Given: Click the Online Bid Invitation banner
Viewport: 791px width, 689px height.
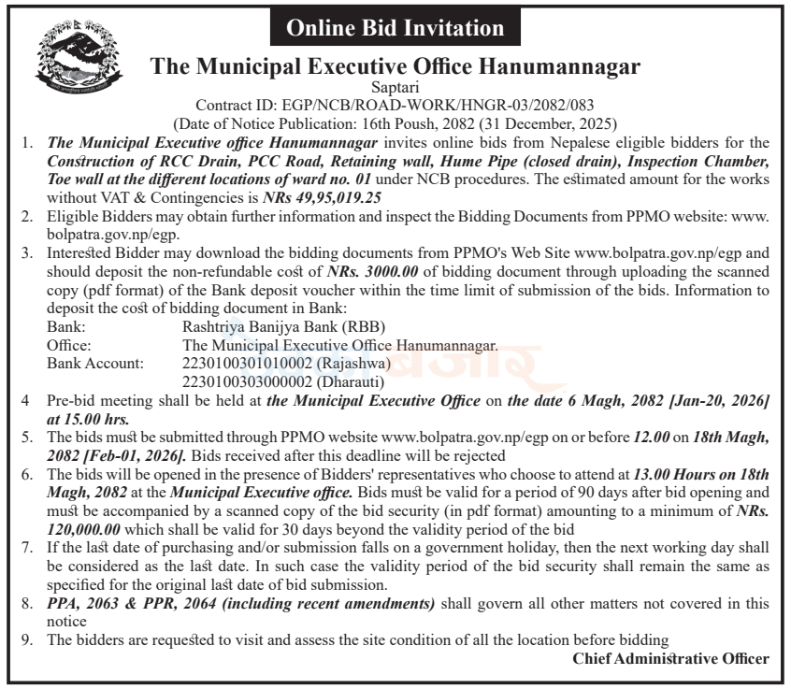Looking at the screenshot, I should click(x=395, y=28).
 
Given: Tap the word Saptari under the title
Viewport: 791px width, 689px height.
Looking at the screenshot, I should click(x=395, y=88).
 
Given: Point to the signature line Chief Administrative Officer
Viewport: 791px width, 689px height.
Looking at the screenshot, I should click(x=670, y=658).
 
